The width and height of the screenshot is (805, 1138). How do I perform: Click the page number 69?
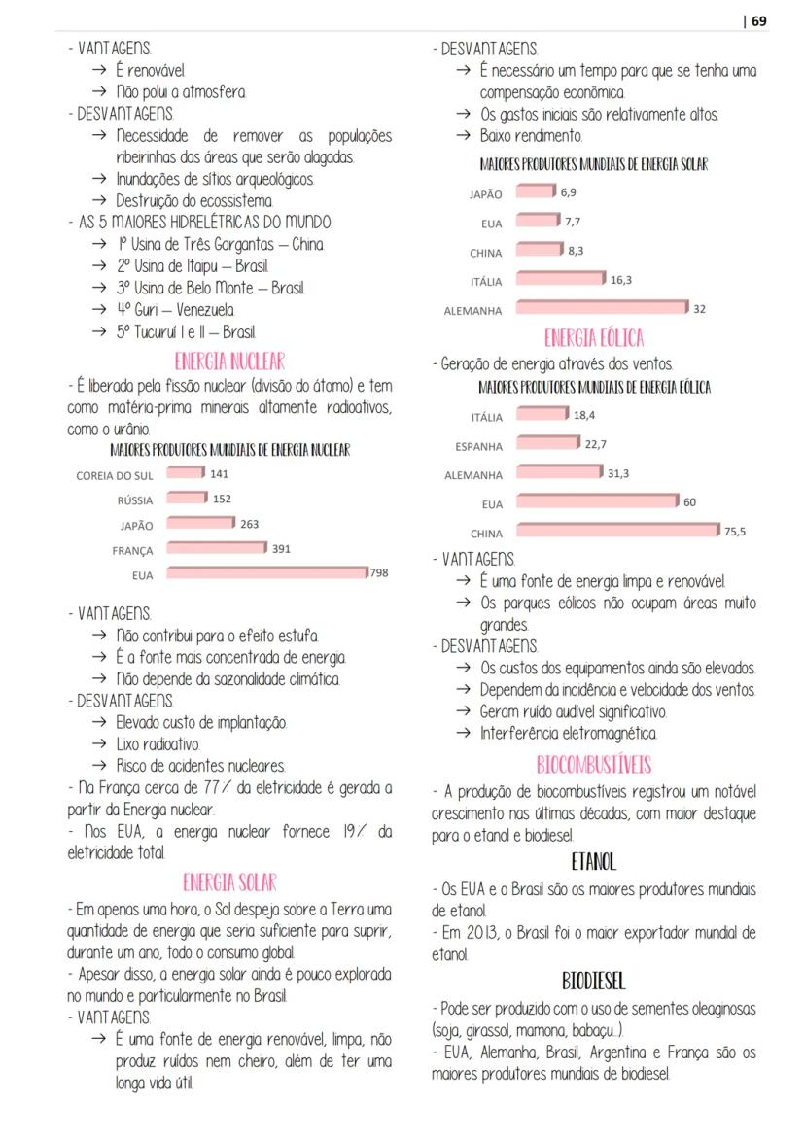click(x=758, y=20)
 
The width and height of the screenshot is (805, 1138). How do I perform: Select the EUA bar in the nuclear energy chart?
click(x=267, y=573)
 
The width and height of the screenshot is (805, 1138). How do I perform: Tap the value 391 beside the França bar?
click(x=281, y=548)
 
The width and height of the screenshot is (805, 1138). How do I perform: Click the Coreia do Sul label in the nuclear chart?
click(x=114, y=476)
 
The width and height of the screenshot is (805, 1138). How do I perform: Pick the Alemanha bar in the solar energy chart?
click(x=602, y=308)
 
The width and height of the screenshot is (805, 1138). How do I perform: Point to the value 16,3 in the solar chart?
click(x=620, y=280)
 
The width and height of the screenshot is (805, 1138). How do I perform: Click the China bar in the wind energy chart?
click(x=616, y=531)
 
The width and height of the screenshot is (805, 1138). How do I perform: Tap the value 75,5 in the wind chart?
click(x=735, y=531)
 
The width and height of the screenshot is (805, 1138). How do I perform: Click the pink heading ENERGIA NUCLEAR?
click(x=229, y=362)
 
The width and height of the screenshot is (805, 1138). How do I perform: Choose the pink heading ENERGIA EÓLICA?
click(x=593, y=338)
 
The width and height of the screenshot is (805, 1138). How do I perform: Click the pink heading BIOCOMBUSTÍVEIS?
click(x=593, y=764)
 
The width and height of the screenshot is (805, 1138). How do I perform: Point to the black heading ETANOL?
click(x=593, y=861)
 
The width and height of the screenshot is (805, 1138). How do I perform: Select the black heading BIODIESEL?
click(x=593, y=980)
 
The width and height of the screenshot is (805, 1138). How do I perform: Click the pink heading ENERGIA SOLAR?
click(x=229, y=882)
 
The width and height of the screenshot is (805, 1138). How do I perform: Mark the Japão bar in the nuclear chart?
click(x=201, y=523)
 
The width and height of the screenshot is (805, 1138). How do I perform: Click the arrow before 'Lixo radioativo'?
click(x=99, y=744)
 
